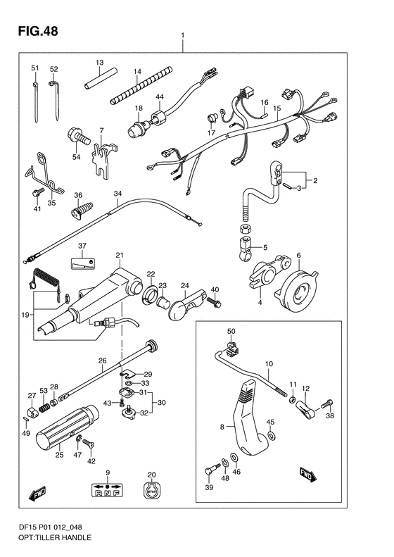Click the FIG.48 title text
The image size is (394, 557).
pyautogui.click(x=38, y=31)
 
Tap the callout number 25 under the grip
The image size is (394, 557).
pyautogui.click(x=59, y=454)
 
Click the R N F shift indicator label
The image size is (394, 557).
pyautogui.click(x=107, y=489)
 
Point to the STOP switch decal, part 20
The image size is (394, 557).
pyautogui.click(x=151, y=489)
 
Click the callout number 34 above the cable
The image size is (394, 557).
pyautogui.click(x=117, y=194)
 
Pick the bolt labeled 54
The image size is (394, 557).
pyautogui.click(x=77, y=137)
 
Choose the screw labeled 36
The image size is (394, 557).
pyautogui.click(x=82, y=210)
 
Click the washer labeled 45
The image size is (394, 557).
pyautogui.click(x=271, y=435)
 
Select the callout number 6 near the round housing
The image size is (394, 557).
pyautogui.click(x=298, y=255)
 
